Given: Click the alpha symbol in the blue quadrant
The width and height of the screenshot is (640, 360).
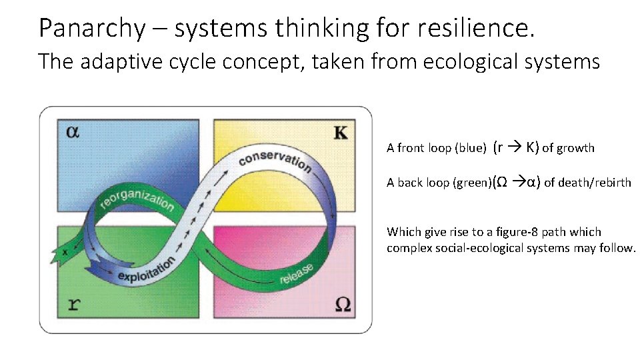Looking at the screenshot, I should pos(73,131).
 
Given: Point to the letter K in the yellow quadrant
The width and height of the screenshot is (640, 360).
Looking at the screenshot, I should pos(340,132).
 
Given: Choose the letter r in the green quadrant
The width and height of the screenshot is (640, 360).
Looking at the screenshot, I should pos(75,305).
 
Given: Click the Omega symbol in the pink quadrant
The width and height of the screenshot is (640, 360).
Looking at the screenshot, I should pos(341,305).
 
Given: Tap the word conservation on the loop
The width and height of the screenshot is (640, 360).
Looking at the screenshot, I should pos(274,159).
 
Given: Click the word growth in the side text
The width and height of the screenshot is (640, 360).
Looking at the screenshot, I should pos(576,148).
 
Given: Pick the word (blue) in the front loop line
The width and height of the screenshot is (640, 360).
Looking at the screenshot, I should pos(470,148).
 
